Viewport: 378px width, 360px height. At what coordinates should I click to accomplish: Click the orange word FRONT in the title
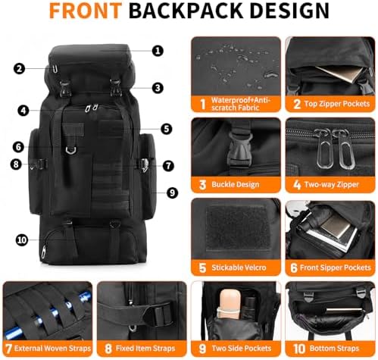tap(86, 11)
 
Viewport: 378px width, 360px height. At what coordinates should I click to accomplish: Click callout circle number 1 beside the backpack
tap(158, 51)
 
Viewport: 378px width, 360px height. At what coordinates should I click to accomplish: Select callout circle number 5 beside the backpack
tap(167, 129)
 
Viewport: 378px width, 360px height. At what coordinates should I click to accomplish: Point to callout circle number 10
tap(22, 239)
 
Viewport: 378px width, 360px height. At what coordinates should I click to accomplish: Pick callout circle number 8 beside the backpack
tap(16, 164)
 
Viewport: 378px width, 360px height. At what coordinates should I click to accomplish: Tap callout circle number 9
tap(172, 193)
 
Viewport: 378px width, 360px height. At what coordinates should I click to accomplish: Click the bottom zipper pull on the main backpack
tap(44, 252)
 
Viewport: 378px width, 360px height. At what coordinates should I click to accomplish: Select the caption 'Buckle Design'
tap(236, 184)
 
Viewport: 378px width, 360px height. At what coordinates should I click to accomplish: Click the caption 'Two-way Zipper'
tap(331, 185)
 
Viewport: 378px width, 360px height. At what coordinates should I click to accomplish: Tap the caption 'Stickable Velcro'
tap(239, 268)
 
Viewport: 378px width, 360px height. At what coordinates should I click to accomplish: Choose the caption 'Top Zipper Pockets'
tap(337, 104)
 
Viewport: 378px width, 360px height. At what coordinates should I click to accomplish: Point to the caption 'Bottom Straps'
tap(334, 349)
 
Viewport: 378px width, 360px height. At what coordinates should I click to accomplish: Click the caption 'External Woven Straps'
tap(52, 349)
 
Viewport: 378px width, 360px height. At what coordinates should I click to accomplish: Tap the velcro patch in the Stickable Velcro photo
tap(238, 228)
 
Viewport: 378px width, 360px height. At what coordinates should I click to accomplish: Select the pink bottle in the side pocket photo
tap(229, 304)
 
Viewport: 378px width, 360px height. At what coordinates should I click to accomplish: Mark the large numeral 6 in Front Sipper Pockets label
tap(294, 268)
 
